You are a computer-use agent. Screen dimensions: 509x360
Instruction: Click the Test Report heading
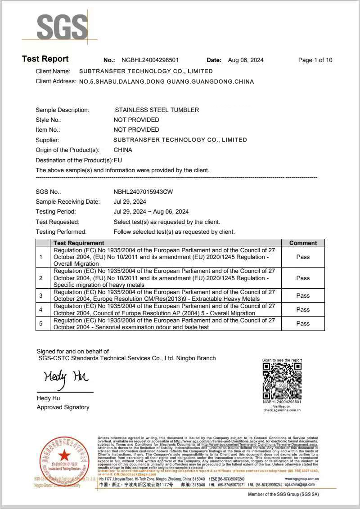(45, 59)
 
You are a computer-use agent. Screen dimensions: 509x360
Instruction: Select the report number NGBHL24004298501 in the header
(150, 60)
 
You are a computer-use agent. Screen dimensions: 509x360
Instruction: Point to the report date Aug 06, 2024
(246, 60)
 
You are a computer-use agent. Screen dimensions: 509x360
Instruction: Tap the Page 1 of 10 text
(315, 60)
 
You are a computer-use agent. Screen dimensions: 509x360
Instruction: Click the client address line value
(166, 82)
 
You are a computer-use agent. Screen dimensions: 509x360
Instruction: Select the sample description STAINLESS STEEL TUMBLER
(157, 110)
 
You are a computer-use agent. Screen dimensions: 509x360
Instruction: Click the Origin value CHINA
(123, 150)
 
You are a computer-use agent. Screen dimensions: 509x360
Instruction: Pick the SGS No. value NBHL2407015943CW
(143, 192)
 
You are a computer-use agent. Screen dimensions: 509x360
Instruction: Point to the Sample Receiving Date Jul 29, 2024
(130, 201)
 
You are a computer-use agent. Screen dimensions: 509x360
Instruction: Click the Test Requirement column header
(79, 243)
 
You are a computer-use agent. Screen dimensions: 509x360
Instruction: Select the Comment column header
(303, 243)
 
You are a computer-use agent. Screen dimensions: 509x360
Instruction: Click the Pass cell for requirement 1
(303, 257)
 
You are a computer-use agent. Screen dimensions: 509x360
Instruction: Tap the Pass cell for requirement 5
(303, 323)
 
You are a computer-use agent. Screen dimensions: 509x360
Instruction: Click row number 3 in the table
(41, 295)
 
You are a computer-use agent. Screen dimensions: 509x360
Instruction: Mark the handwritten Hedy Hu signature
(66, 377)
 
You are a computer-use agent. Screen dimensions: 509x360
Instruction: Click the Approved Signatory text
(63, 407)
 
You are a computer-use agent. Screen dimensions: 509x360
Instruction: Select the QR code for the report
(282, 381)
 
